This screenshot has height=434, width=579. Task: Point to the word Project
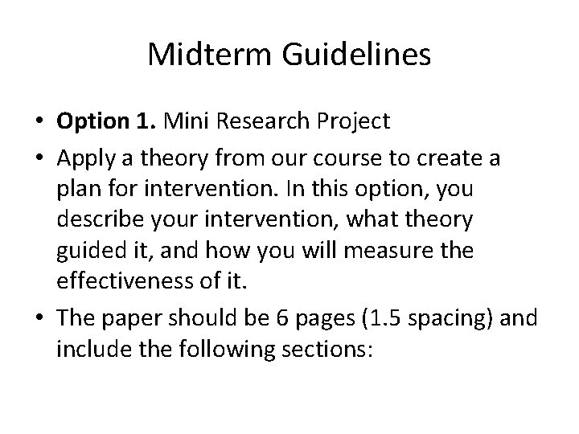(x=351, y=121)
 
